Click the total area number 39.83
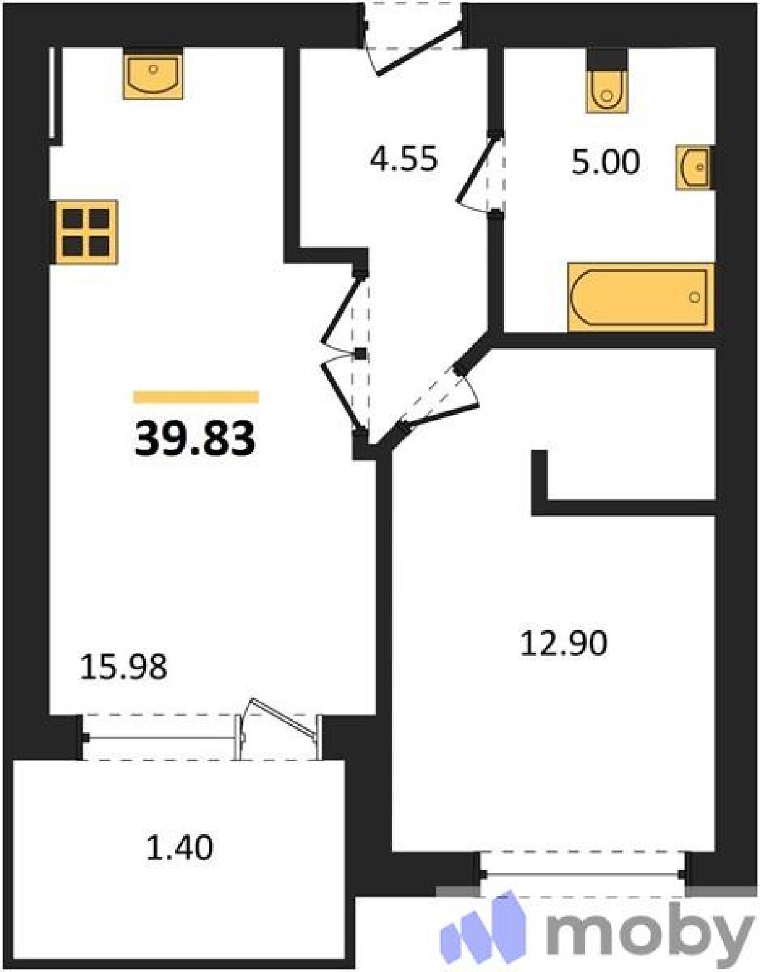[195, 439]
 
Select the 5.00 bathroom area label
[606, 162]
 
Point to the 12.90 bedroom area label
[564, 643]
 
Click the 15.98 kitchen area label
[123, 668]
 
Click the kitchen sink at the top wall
[154, 74]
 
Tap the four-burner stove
[86, 232]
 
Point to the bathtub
[641, 298]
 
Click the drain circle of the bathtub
[694, 297]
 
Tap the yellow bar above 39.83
[196, 397]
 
